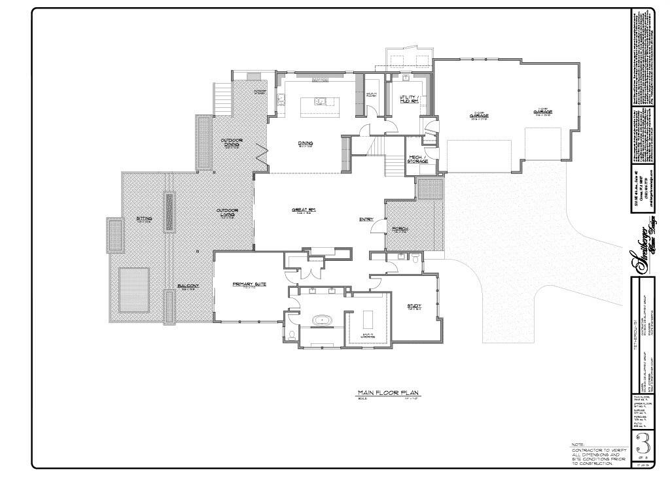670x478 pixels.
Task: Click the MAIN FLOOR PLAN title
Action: tap(387, 393)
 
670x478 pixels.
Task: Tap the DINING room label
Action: tap(305, 143)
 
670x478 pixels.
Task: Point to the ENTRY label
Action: tap(366, 219)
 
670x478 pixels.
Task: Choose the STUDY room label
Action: tap(414, 305)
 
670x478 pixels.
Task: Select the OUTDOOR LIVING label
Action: tap(227, 213)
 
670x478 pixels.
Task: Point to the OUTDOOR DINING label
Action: tap(232, 142)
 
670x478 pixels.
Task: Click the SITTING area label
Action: tap(144, 218)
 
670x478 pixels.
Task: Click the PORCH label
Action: tap(400, 229)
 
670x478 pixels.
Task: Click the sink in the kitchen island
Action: tap(320, 101)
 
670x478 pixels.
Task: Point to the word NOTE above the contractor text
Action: tap(578, 445)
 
